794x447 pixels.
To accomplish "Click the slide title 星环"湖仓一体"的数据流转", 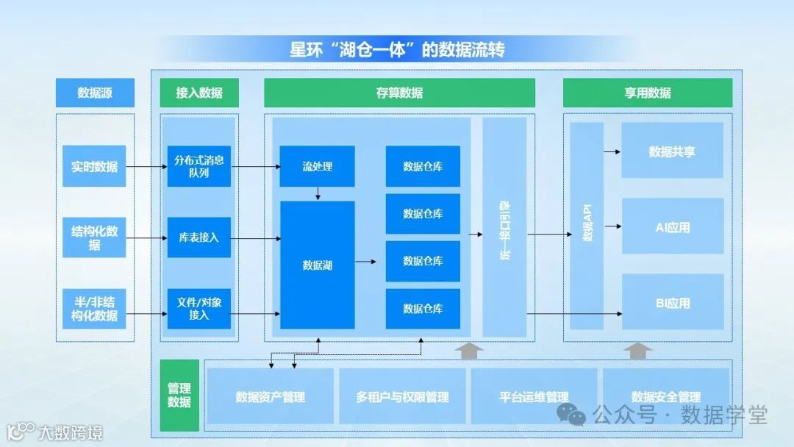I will (397, 50).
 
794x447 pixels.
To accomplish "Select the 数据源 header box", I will (95, 93).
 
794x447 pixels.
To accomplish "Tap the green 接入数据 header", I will (199, 93).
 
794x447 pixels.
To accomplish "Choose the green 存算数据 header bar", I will (399, 93).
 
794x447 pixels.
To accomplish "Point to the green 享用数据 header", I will (648, 93).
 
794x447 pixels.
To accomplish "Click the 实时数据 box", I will (94, 166).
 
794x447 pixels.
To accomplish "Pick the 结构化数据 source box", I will (94, 237).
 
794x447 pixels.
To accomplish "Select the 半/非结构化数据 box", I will (94, 309).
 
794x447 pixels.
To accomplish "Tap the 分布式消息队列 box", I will (199, 166).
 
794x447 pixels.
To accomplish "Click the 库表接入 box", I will (199, 237).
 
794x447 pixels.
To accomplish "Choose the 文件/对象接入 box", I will (199, 309).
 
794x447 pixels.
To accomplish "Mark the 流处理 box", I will (317, 166).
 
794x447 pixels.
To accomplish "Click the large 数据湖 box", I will (317, 265).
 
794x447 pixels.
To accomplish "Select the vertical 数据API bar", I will (587, 225).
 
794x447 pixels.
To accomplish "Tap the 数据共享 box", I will (672, 151).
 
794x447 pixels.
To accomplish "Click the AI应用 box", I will (672, 226).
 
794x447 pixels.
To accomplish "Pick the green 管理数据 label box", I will (179, 396).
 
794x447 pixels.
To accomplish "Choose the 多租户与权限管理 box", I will (402, 397).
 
